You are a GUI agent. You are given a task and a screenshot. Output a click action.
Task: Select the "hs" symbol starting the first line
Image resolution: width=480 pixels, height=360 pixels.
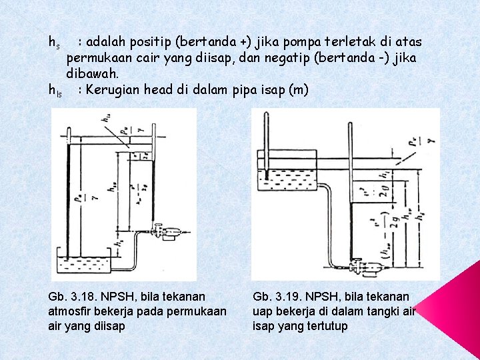55,43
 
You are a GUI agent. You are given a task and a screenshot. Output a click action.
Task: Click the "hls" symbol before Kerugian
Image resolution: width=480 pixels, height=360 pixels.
56,90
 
